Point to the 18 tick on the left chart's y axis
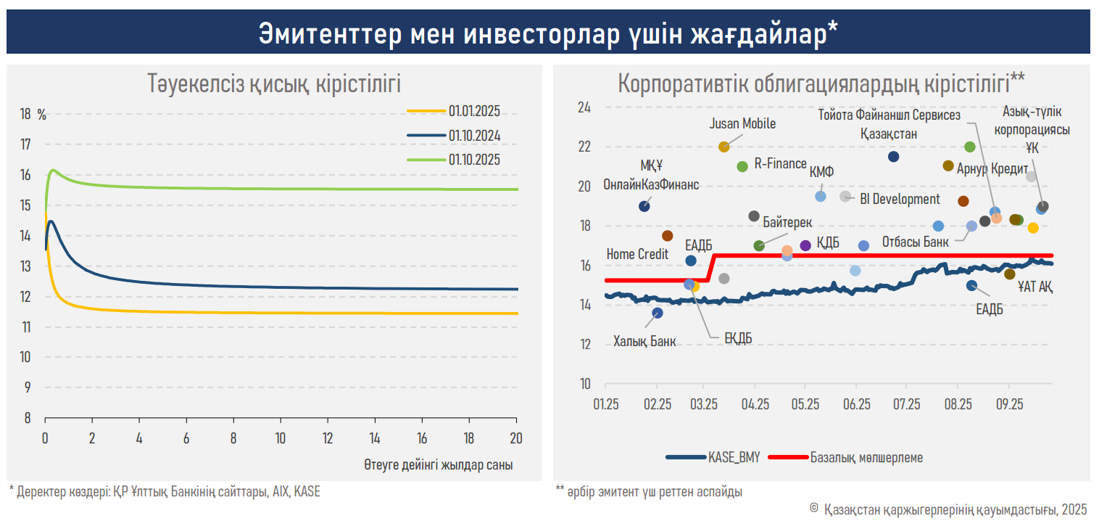[x=25, y=114]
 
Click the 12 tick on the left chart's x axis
[x=328, y=438]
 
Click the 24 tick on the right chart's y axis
[x=584, y=107]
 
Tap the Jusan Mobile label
[x=742, y=124]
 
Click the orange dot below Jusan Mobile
[x=723, y=147]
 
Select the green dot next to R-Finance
[x=742, y=166]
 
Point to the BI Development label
[x=900, y=199]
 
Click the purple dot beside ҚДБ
[x=805, y=245]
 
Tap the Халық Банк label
[x=644, y=341]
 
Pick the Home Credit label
[x=637, y=254]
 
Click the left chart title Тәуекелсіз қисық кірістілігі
[x=274, y=83]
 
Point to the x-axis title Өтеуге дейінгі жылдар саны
[x=439, y=465]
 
